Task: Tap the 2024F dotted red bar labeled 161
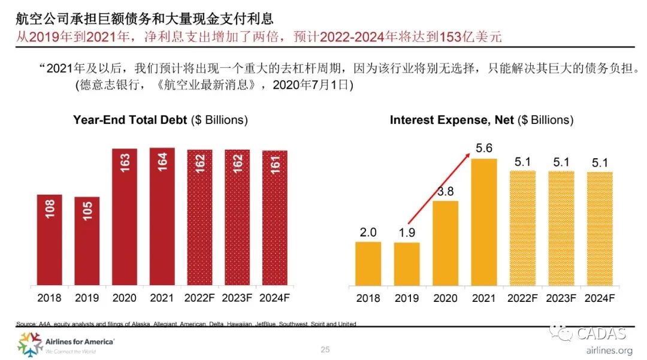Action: pos(275,218)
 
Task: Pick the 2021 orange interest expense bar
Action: pos(484,222)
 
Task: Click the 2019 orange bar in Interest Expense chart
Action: pos(407,264)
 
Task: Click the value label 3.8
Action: pos(445,191)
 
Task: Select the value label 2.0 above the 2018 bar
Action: pos(368,232)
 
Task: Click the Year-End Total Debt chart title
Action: pos(160,120)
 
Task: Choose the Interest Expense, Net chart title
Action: pos(481,120)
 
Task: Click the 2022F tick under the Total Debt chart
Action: pos(199,298)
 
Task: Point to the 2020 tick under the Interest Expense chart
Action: pos(445,298)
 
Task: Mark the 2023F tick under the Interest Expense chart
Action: pos(561,298)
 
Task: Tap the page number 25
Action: pos(325,350)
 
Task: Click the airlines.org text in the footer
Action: pos(607,350)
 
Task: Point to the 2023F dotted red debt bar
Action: pos(237,218)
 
